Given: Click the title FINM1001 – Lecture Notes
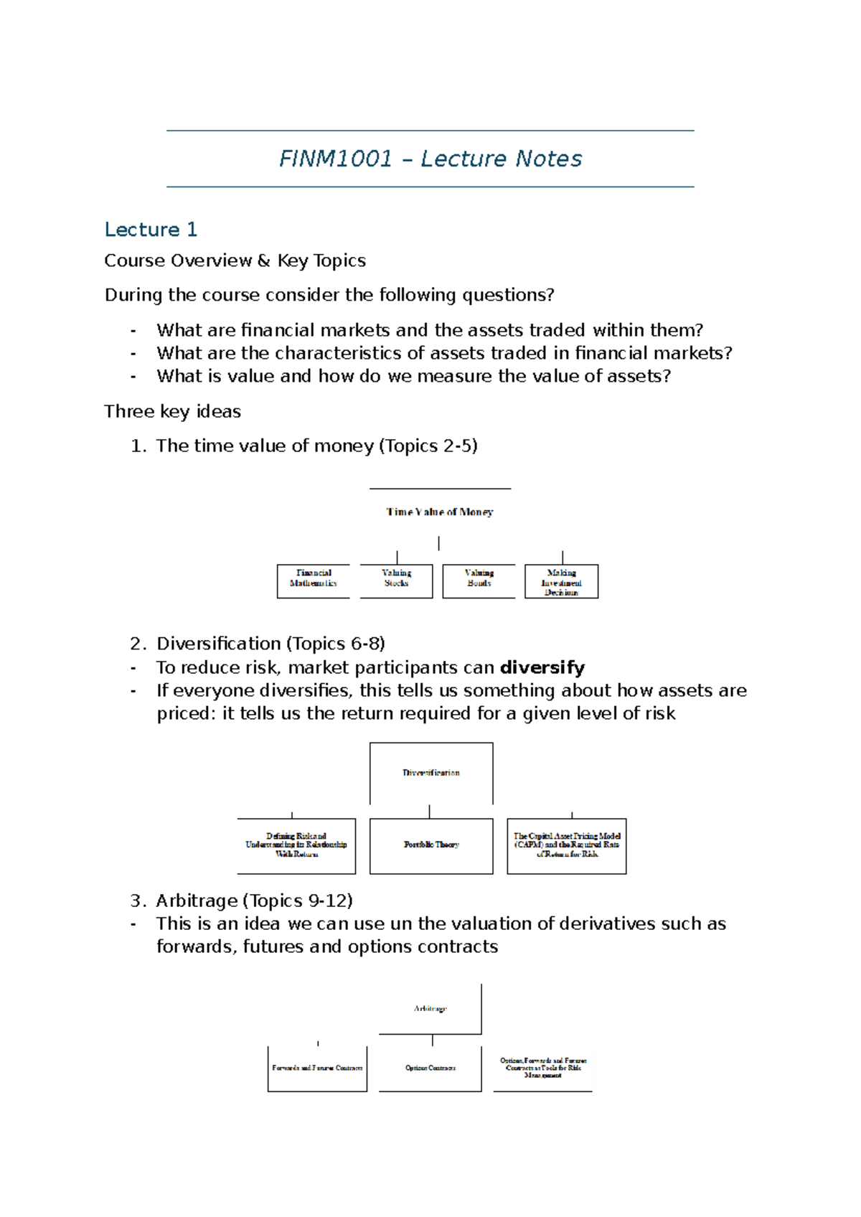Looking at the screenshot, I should (430, 159).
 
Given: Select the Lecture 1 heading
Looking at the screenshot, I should (151, 230).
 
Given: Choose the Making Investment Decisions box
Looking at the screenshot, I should (561, 582).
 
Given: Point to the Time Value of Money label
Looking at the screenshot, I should (440, 512).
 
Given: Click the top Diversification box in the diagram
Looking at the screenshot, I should (431, 773).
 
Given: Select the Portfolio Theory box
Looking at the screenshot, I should (431, 845).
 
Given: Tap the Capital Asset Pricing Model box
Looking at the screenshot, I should (567, 845).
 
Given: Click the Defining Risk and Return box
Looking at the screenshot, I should (296, 845).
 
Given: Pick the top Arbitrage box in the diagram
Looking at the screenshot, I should (430, 1009).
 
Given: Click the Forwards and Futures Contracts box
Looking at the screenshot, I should (317, 1068).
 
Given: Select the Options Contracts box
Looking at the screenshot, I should (430, 1068).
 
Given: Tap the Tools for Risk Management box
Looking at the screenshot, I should (543, 1068).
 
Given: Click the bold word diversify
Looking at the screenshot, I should (542, 668).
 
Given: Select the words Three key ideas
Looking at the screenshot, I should (172, 412).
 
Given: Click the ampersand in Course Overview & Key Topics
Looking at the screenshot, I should (264, 260).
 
